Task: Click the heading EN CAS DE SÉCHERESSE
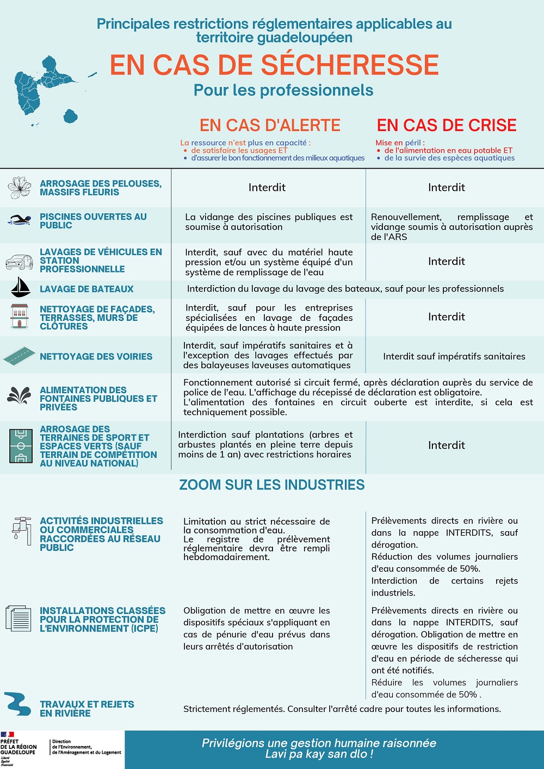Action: click(x=274, y=65)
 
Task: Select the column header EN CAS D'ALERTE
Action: click(x=270, y=125)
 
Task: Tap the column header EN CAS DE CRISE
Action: click(x=447, y=125)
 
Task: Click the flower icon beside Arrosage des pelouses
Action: click(x=20, y=187)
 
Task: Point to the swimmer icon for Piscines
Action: click(x=20, y=220)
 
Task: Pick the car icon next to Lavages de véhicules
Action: click(x=19, y=262)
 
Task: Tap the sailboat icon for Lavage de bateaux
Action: click(x=20, y=288)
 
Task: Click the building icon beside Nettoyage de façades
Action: click(x=19, y=317)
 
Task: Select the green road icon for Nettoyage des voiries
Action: click(x=20, y=356)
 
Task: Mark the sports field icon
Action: click(x=21, y=445)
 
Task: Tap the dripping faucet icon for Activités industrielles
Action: click(x=21, y=530)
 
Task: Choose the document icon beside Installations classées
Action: click(x=19, y=618)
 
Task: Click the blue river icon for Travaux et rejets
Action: click(x=17, y=704)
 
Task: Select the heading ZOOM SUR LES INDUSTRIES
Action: click(x=272, y=485)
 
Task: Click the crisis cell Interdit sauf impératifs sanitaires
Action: click(x=454, y=356)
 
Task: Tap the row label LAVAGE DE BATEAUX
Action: click(x=86, y=289)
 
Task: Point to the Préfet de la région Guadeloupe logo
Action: click(x=18, y=748)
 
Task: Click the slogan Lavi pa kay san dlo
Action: click(x=319, y=754)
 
